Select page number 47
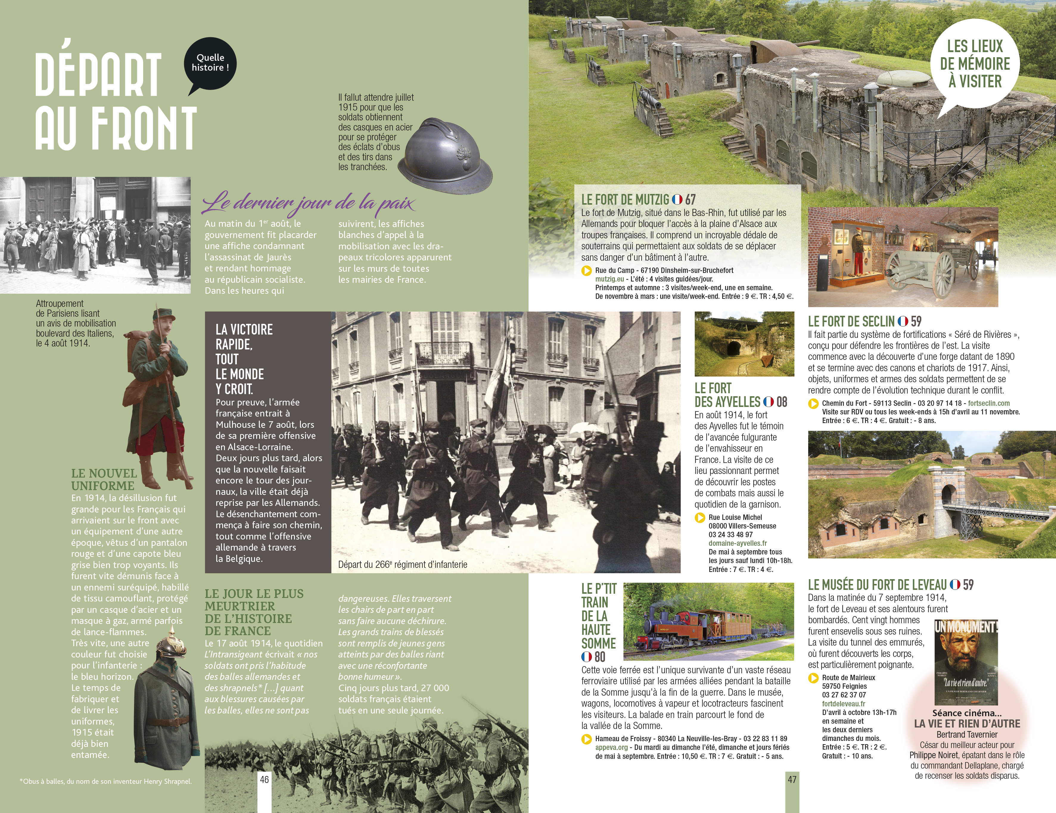(792, 779)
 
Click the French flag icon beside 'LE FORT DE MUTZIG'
(677, 199)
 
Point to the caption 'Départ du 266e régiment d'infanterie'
(402, 565)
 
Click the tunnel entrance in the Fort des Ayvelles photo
(735, 348)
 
